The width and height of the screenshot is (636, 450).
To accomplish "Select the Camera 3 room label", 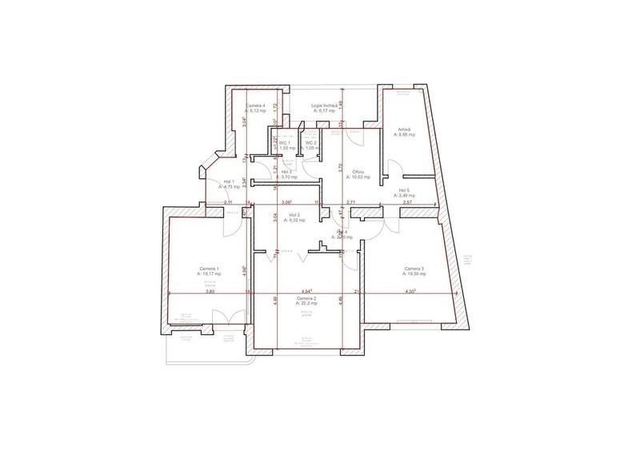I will [x=414, y=269].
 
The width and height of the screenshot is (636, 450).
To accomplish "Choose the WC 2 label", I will [x=311, y=143].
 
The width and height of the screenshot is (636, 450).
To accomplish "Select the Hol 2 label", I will [x=294, y=215].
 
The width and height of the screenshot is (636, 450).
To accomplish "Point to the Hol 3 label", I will [x=286, y=172].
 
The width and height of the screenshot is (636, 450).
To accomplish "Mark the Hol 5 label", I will [x=404, y=190].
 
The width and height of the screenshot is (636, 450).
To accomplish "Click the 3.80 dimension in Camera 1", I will [x=210, y=292].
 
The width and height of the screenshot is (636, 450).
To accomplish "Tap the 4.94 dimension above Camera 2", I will [x=306, y=291].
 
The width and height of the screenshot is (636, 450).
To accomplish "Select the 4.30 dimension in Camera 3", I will [x=411, y=292].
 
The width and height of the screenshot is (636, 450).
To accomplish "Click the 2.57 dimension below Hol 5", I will [x=407, y=203].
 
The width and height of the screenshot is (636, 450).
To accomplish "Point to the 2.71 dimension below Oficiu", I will [x=350, y=203].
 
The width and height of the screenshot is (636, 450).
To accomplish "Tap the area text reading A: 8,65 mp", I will [x=403, y=135].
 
